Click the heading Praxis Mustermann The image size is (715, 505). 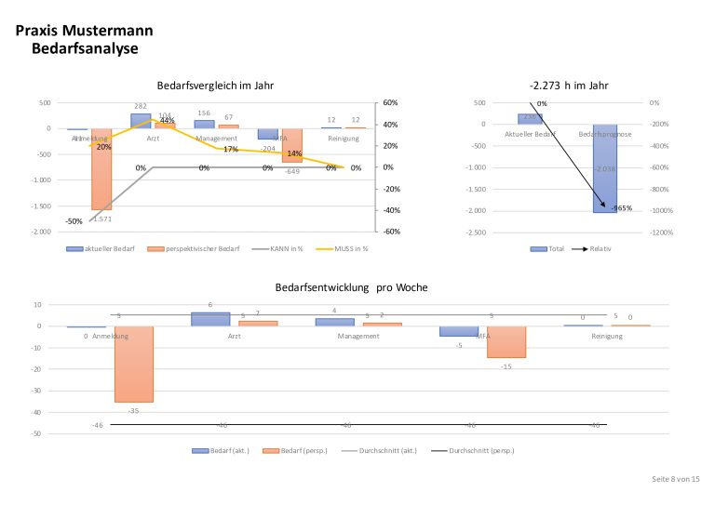pyautogui.click(x=85, y=31)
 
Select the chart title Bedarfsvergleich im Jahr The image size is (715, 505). pyautogui.click(x=215, y=86)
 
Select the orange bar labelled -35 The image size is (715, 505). pyautogui.click(x=134, y=364)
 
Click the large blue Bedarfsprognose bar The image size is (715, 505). pyautogui.click(x=605, y=168)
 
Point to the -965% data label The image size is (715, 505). pyautogui.click(x=621, y=208)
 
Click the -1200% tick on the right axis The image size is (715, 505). pyautogui.click(x=661, y=232)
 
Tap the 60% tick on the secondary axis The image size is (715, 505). pyautogui.click(x=390, y=102)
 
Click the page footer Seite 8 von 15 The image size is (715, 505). pyautogui.click(x=675, y=478)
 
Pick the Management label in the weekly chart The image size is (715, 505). pyautogui.click(x=358, y=336)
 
